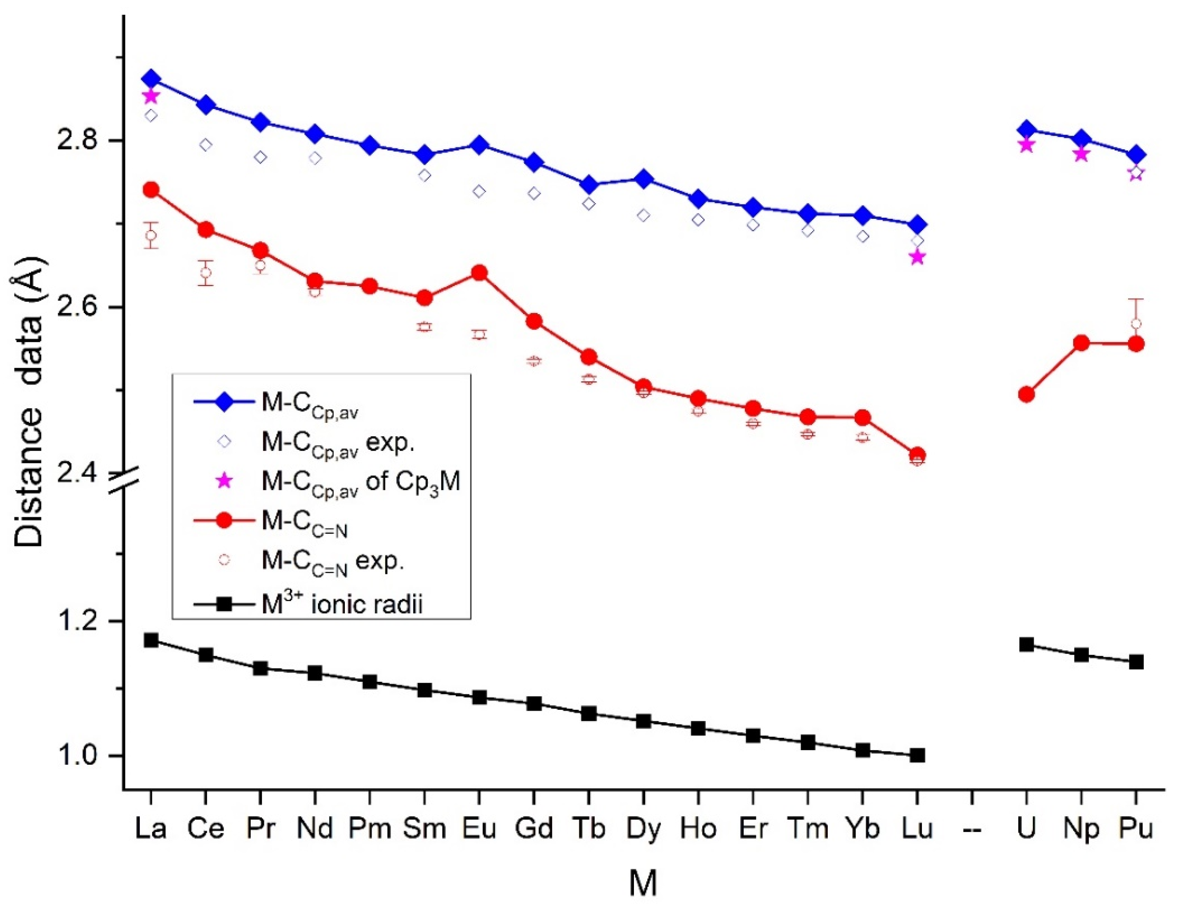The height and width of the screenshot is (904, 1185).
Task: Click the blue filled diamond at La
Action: click(151, 79)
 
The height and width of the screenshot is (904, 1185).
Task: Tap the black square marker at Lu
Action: click(917, 756)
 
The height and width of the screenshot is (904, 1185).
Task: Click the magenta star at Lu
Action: click(917, 257)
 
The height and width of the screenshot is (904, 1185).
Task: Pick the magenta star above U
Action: click(1026, 145)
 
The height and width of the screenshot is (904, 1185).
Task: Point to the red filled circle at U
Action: click(1026, 394)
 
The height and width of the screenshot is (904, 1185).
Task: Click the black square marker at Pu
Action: click(1136, 662)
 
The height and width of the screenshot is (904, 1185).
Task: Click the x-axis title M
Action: click(643, 883)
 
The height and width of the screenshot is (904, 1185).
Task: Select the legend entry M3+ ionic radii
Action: click(342, 604)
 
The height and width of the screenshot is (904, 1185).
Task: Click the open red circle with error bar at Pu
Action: click(1136, 324)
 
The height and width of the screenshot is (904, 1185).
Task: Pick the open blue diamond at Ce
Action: click(206, 145)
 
